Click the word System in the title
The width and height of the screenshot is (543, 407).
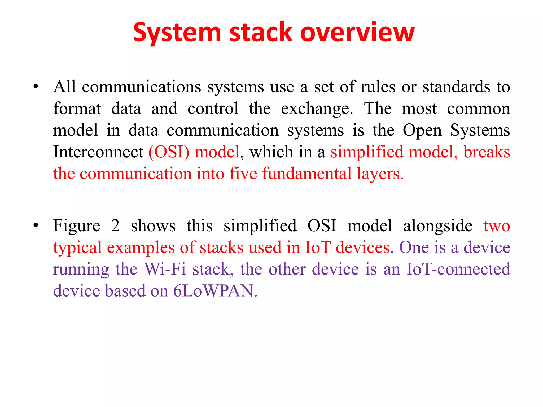(x=177, y=33)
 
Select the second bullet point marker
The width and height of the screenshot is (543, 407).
(x=36, y=225)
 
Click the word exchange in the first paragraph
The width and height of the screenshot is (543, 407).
(x=317, y=109)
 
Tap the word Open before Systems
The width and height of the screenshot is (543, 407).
(x=422, y=130)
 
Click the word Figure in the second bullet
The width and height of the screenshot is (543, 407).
(x=77, y=226)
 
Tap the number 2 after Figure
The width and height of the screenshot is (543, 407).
(x=115, y=226)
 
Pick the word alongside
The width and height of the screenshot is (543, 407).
(x=438, y=226)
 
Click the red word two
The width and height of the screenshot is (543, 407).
(x=497, y=226)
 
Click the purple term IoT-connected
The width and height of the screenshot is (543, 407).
(x=458, y=269)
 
